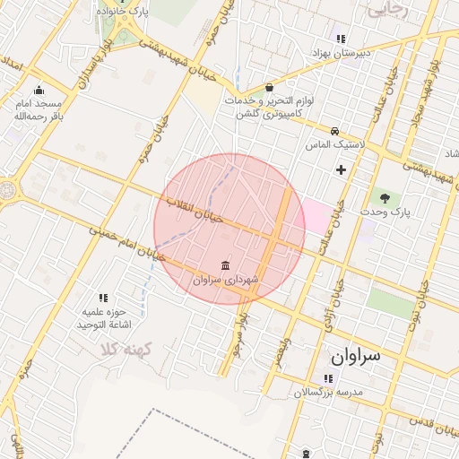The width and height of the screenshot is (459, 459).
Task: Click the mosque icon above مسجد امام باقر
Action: [39, 91]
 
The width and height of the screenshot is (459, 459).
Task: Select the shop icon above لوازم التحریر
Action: [270, 88]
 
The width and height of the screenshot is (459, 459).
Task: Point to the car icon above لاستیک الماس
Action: [334, 131]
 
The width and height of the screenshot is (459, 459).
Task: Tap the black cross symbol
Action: [341, 169]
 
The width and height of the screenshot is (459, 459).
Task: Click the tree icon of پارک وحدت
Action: [385, 197]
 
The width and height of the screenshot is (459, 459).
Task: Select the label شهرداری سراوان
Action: [225, 281]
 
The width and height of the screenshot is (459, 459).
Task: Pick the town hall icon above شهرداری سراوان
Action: [224, 266]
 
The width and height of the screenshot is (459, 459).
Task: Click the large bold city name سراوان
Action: [356, 356]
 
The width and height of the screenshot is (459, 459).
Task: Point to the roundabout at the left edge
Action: [7, 191]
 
